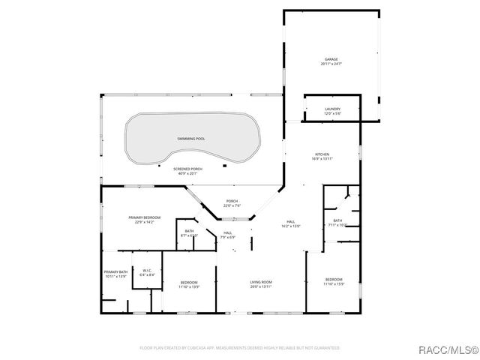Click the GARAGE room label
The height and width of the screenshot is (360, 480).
pyautogui.click(x=331, y=59)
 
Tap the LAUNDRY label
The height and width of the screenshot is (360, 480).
pyautogui.click(x=332, y=109)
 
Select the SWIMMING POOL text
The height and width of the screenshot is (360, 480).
pyautogui.click(x=191, y=139)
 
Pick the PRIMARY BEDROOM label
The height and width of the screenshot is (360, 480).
pyautogui.click(x=144, y=217)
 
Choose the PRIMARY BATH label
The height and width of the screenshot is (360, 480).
pyautogui.click(x=115, y=272)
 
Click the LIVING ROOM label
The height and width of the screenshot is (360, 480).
pyautogui.click(x=261, y=282)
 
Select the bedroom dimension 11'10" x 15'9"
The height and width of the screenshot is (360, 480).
pyautogui.click(x=333, y=283)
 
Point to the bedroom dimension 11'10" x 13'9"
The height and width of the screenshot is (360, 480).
pyautogui.click(x=189, y=286)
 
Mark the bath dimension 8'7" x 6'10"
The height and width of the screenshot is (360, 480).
pyautogui.click(x=189, y=235)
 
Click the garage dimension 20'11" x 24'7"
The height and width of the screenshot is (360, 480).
pyautogui.click(x=331, y=64)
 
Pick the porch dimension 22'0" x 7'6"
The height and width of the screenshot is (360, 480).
pyautogui.click(x=232, y=205)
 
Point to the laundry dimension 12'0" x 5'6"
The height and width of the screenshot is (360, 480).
pyautogui.click(x=332, y=114)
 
